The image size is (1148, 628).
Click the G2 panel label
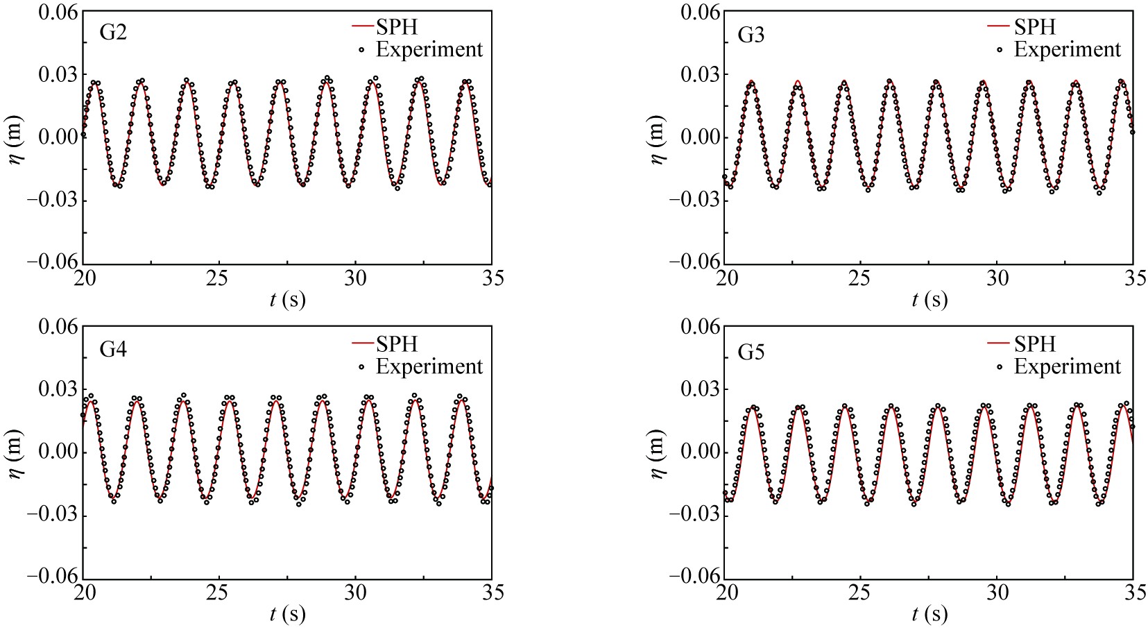(113, 33)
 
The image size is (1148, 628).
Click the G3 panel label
(751, 35)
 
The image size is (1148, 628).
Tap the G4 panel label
(113, 349)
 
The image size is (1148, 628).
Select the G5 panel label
(751, 352)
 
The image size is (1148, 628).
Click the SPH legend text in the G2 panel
(397, 27)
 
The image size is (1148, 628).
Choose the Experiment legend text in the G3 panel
(1067, 50)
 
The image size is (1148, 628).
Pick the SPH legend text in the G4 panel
(397, 344)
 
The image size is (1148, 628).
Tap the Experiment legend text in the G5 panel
(1067, 366)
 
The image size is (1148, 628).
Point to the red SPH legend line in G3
(997, 27)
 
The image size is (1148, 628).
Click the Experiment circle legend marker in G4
(361, 367)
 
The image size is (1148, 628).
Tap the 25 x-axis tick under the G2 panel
(219, 278)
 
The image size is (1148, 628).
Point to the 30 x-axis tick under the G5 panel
(997, 592)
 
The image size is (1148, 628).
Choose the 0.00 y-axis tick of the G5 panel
(699, 452)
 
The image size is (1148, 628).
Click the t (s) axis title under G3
(929, 300)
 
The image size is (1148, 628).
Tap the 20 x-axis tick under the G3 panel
(726, 278)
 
